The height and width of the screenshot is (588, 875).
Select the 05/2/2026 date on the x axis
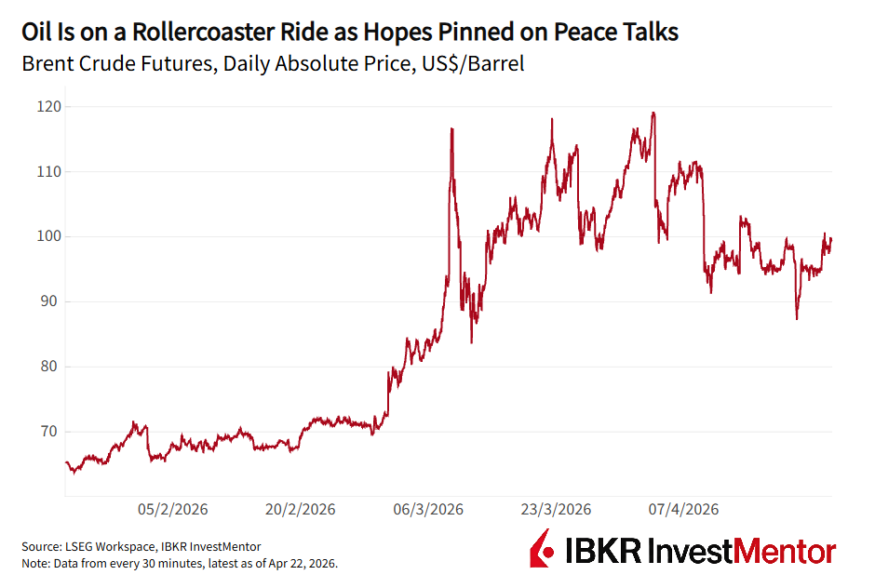tap(173, 510)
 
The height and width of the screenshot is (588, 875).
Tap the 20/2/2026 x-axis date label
tap(301, 510)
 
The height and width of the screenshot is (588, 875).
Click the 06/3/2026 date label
tap(428, 510)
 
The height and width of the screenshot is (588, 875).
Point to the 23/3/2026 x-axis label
tap(556, 510)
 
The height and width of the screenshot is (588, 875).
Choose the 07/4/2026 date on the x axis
tap(683, 510)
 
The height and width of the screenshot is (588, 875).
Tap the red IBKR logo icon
tap(544, 550)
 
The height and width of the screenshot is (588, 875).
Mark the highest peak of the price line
tap(653, 113)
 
